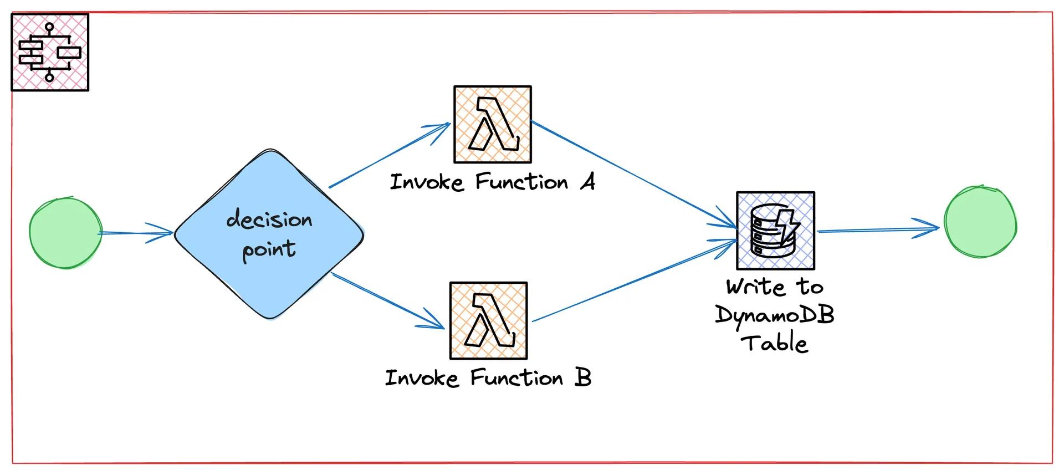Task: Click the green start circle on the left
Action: tap(66, 233)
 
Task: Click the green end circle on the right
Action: tap(980, 222)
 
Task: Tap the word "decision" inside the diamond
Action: tap(269, 220)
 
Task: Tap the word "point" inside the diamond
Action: tap(269, 249)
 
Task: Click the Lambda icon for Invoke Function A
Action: tap(493, 125)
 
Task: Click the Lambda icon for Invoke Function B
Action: tap(489, 321)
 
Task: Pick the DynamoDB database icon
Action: tap(775, 231)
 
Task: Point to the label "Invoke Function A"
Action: tap(493, 182)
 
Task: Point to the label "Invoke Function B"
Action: tap(488, 378)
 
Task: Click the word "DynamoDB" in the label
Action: tap(775, 315)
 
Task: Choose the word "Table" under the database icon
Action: tap(775, 343)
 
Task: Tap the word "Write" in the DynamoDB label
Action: tap(756, 287)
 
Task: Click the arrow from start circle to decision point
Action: tap(136, 233)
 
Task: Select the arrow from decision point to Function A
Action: tap(388, 155)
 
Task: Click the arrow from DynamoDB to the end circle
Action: tap(878, 229)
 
